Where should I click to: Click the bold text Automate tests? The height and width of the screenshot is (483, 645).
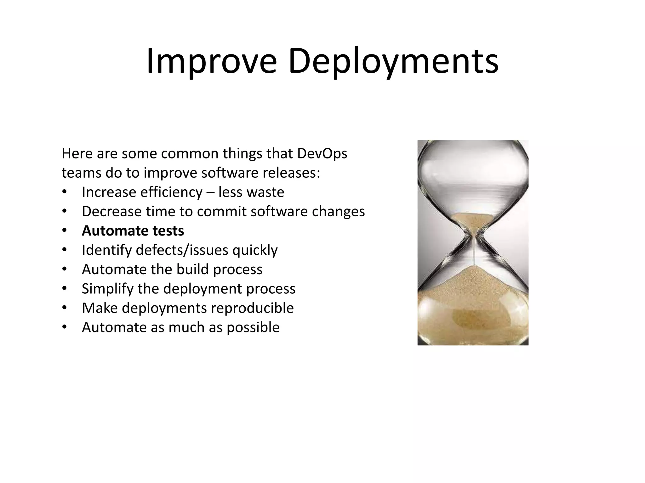133,231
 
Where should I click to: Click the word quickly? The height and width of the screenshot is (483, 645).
255,250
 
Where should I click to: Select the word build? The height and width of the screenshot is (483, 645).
192,269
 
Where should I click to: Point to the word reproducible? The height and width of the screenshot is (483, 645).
252,308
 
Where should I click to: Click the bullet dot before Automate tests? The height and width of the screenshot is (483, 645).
65,231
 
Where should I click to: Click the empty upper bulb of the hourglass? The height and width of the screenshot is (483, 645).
472,176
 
